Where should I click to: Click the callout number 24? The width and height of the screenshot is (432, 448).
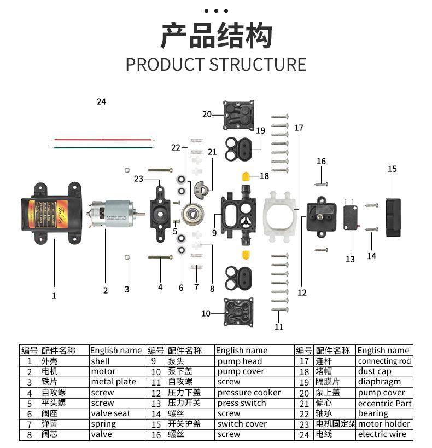click(x=101, y=102)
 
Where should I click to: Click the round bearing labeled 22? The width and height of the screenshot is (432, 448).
click(x=192, y=213)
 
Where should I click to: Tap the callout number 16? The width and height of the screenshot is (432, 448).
click(x=321, y=162)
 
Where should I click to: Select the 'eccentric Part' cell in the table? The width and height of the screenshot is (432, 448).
click(x=384, y=403)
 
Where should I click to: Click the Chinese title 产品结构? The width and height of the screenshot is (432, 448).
click(x=215, y=37)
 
